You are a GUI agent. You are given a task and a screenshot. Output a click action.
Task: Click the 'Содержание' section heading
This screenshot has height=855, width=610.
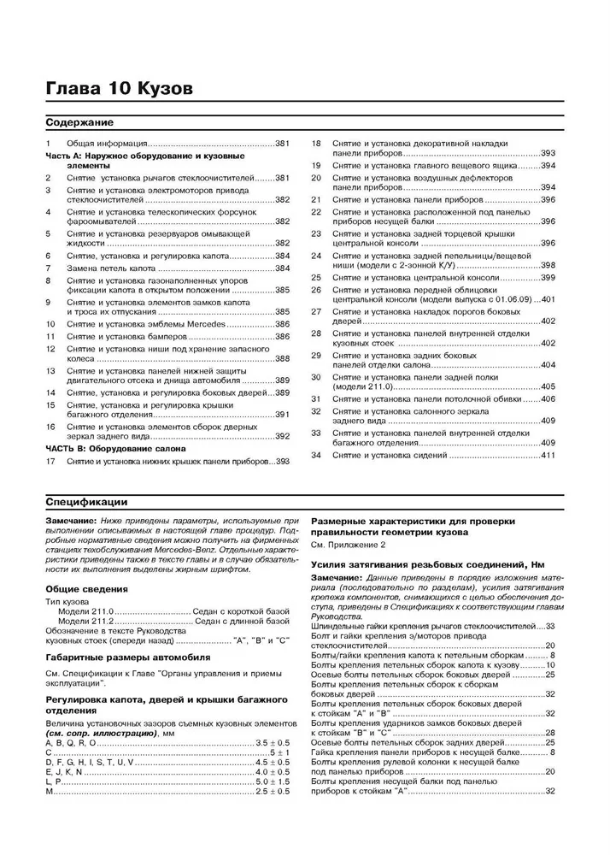(77, 123)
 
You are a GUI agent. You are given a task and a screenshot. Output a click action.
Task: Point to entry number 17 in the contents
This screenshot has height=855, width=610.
(50, 462)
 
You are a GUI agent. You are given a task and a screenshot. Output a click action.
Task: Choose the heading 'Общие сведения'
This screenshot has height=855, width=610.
(86, 589)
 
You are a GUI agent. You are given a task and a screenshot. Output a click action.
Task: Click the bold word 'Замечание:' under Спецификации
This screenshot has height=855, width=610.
(73, 521)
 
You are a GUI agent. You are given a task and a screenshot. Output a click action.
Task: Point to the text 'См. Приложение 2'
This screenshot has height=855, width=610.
(349, 545)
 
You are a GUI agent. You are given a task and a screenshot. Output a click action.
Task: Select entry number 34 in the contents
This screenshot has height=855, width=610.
(315, 455)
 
